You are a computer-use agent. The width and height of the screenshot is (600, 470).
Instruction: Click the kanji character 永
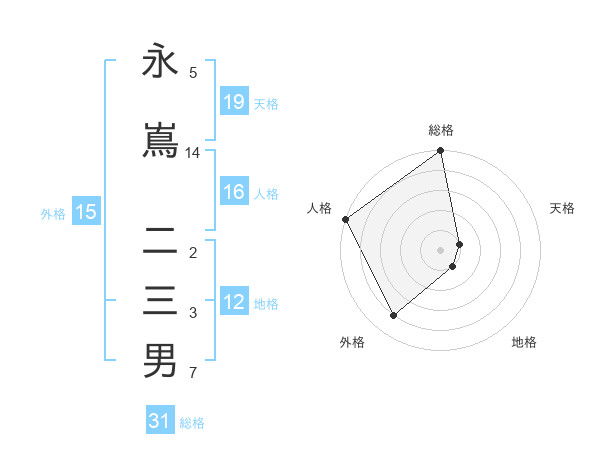(x=160, y=62)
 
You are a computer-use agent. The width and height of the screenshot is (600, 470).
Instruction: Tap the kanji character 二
(x=160, y=240)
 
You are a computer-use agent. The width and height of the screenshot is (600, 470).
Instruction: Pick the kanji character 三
(x=160, y=300)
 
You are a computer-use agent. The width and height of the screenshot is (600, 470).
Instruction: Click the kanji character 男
(x=160, y=361)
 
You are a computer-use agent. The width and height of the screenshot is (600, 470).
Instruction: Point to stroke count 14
(x=193, y=153)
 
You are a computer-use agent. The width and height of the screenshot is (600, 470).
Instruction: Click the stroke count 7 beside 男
(x=193, y=374)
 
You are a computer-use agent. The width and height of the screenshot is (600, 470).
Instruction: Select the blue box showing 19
(x=233, y=102)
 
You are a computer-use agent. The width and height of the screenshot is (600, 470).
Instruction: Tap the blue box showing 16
(x=233, y=192)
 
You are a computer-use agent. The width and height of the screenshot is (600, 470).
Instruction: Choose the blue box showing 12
(x=233, y=302)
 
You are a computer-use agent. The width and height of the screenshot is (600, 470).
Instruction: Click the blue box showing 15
(x=86, y=212)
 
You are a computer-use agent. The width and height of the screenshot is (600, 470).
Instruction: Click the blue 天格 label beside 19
(x=266, y=103)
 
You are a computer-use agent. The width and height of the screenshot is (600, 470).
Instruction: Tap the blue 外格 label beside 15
(x=53, y=213)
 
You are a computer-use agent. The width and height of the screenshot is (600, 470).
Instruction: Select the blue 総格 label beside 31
(x=192, y=422)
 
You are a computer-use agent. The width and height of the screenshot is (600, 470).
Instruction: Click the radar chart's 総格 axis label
(x=441, y=130)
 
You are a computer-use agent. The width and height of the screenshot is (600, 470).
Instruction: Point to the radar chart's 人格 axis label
(x=320, y=208)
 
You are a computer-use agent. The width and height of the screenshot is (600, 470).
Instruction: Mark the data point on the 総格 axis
(x=441, y=152)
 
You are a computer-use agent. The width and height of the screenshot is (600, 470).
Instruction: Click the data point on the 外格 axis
(x=393, y=315)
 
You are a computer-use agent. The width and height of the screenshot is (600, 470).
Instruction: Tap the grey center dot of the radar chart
(x=441, y=249)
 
